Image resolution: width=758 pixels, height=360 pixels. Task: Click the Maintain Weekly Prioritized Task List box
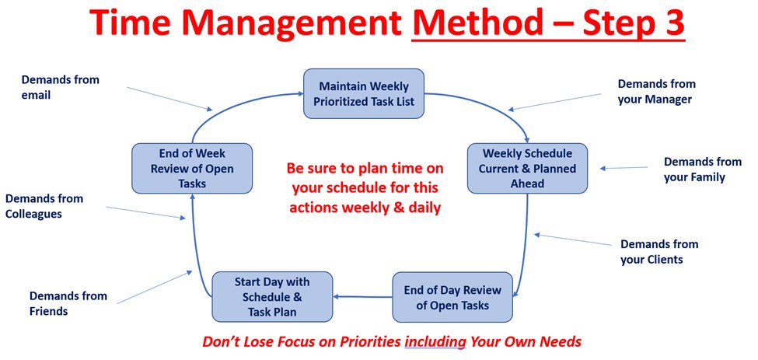click(364, 93)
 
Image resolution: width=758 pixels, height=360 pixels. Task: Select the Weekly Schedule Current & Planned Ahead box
click(527, 168)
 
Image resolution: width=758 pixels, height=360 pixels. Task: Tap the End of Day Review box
click(452, 297)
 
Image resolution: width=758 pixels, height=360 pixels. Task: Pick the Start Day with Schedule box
click(272, 297)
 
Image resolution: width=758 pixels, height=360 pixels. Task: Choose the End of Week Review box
click(192, 168)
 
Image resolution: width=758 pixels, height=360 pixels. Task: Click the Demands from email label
click(61, 87)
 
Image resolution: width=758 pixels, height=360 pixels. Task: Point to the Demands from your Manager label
click(656, 91)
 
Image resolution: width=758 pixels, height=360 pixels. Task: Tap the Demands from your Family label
click(702, 170)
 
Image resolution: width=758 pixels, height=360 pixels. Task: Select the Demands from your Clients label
click(659, 252)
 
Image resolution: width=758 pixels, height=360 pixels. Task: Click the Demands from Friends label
click(68, 303)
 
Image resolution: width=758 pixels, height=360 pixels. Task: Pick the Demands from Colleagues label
click(44, 206)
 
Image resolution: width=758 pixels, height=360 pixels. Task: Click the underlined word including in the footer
click(435, 341)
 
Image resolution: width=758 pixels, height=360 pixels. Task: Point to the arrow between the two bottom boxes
click(362, 297)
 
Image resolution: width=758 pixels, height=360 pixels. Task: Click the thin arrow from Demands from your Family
click(624, 168)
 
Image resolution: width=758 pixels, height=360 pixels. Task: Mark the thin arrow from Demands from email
click(169, 99)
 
